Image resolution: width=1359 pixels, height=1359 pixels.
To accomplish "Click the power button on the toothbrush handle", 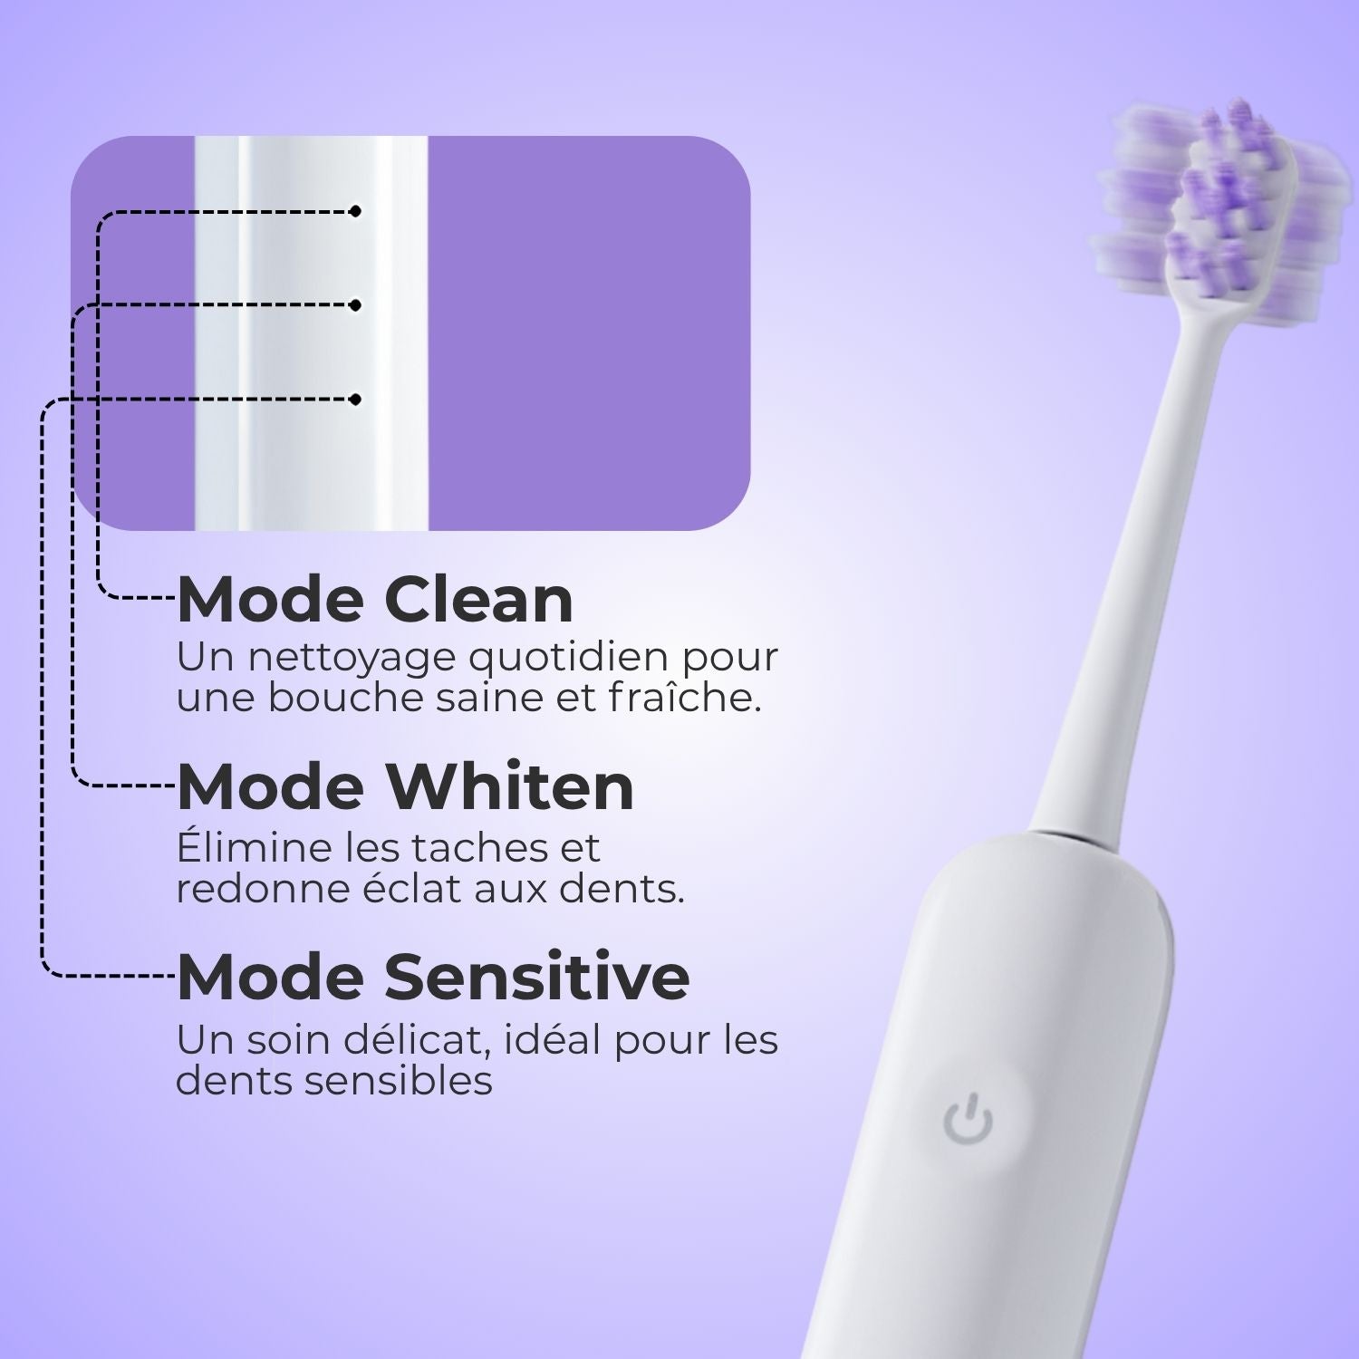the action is coord(968,1120).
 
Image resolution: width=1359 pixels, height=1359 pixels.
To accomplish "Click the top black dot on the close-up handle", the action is coord(356,211).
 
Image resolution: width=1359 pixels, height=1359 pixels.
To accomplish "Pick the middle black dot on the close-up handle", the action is coord(356,305).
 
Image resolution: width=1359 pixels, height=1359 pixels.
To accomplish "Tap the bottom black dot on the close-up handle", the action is coord(356,399).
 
